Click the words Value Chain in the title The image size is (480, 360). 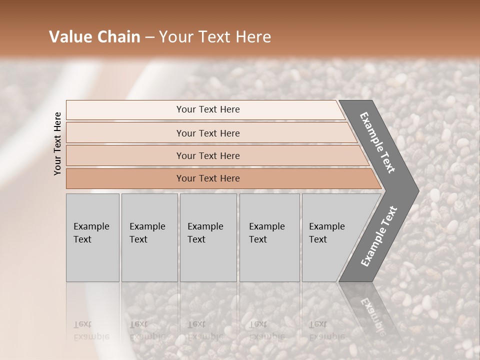click(94, 37)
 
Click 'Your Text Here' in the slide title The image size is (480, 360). click(215, 37)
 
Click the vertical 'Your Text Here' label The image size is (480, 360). click(57, 143)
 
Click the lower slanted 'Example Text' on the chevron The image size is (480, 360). click(379, 236)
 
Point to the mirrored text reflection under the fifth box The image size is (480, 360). click(326, 330)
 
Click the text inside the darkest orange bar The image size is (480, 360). click(208, 178)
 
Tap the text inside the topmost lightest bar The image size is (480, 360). click(208, 109)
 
